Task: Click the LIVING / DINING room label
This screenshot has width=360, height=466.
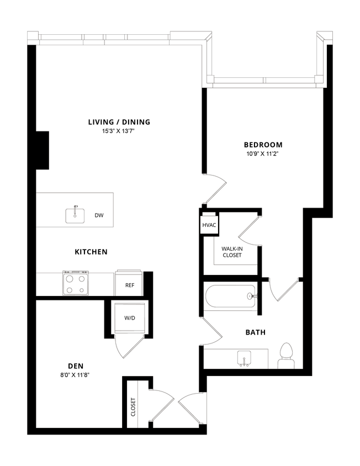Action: pos(119,122)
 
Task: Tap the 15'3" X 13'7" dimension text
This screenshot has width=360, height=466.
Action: pos(119,131)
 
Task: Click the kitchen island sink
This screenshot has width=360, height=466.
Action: pos(75,214)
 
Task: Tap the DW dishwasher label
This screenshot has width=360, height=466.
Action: pos(99,215)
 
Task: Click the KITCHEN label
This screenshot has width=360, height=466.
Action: pos(91,252)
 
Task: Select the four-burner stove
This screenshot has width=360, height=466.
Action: pos(76,284)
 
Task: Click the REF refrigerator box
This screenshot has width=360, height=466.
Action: pos(130,285)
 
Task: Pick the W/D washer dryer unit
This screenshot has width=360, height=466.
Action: pos(130,319)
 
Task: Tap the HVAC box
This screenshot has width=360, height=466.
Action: pos(209,225)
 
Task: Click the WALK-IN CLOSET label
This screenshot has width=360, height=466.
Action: pos(232,252)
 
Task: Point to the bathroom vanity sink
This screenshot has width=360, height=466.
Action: pos(243,358)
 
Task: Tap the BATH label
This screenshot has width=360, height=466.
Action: pos(256,332)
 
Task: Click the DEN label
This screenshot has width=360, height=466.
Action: pos(76,366)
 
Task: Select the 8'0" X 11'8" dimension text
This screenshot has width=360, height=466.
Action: pos(76,375)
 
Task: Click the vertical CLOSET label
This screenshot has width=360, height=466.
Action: pos(133,407)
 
